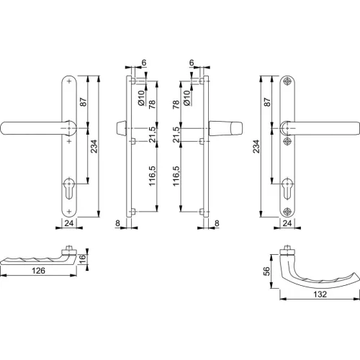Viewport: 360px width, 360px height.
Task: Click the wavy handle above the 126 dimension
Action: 36,259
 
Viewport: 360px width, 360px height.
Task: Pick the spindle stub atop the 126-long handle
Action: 69,249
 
